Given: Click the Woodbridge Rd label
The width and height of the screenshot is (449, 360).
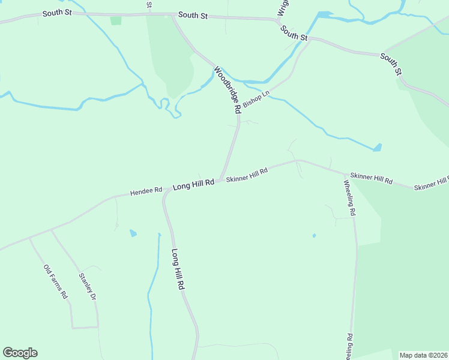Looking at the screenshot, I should (x=227, y=90).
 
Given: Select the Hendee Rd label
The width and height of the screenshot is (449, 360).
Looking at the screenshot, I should (x=146, y=191).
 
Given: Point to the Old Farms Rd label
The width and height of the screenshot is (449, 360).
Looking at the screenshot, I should (x=56, y=282).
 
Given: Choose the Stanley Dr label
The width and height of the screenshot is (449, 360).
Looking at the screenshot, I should (x=88, y=287).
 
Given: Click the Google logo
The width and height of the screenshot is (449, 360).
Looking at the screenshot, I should (x=20, y=353).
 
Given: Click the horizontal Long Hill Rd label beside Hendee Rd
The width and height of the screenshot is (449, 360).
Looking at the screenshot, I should (x=193, y=185).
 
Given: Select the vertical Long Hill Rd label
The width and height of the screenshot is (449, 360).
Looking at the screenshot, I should (x=177, y=269).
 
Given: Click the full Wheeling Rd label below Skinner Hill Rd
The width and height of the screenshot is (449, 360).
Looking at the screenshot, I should (x=350, y=197).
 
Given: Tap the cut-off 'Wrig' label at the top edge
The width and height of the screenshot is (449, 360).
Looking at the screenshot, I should (x=280, y=7).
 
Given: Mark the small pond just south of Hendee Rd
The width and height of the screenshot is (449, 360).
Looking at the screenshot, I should (x=133, y=233).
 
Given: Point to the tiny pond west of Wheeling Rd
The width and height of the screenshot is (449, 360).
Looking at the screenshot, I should (x=314, y=236).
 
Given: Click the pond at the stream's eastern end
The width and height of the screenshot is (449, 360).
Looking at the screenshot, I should (x=377, y=147).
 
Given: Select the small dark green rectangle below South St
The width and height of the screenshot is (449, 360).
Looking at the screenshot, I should (x=116, y=20).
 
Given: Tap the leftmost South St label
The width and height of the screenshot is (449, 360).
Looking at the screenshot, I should (x=56, y=13).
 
